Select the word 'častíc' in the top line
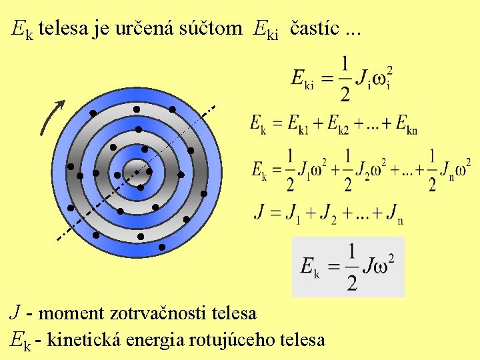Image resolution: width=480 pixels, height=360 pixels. [313, 29]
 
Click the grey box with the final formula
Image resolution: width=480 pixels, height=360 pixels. [348, 266]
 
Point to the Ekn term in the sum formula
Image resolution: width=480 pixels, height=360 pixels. [406, 125]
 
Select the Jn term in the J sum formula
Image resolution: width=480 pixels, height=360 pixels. [395, 213]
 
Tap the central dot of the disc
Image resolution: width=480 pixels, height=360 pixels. [137, 172]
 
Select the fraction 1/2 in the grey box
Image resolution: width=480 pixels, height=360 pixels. [351, 266]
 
